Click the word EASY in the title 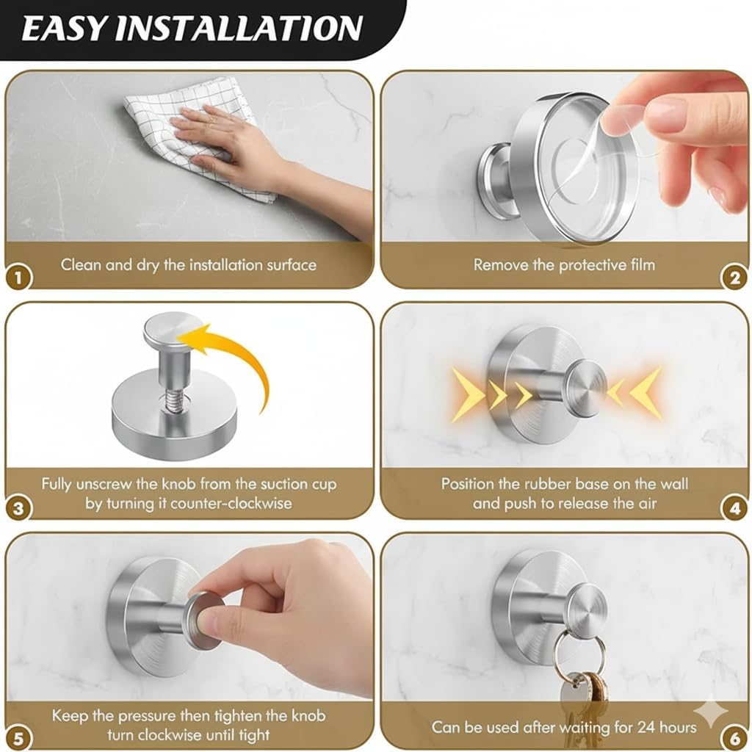[65, 28]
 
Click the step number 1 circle [18, 277]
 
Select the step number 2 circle [734, 277]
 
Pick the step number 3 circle [18, 508]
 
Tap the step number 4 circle [734, 508]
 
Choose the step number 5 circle [18, 737]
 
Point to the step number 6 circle [734, 737]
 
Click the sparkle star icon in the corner [711, 713]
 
